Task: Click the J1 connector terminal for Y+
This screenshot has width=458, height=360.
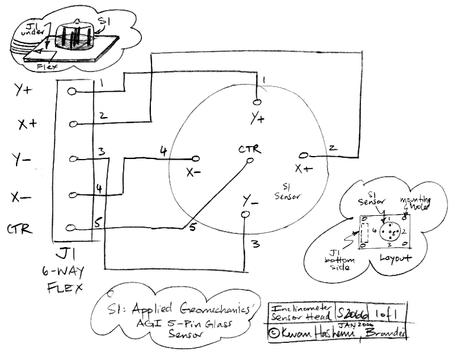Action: (72, 92)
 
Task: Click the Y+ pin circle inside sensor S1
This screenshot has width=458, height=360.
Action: (257, 100)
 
